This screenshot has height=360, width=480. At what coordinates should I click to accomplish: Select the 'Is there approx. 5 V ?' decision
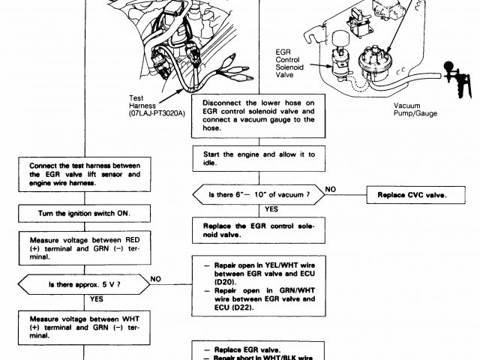(85, 285)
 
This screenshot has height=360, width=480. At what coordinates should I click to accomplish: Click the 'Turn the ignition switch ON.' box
(85, 213)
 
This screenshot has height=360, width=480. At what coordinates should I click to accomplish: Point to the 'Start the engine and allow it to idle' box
(258, 159)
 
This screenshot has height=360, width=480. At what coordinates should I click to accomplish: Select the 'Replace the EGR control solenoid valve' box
(258, 229)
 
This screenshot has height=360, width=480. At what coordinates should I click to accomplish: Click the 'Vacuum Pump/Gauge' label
(415, 109)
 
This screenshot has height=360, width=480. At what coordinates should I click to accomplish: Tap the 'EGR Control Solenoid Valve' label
(291, 65)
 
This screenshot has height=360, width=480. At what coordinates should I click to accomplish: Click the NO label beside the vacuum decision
(330, 188)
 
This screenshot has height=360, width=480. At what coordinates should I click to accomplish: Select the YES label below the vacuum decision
(271, 209)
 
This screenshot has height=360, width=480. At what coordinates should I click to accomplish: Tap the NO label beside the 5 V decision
(156, 278)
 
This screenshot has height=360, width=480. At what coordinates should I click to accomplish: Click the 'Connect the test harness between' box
(85, 172)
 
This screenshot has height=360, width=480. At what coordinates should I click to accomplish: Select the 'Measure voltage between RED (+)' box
(85, 246)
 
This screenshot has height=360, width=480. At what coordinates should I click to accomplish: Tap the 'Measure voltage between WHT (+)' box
(85, 326)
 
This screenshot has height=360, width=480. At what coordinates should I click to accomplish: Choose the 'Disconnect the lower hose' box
(258, 115)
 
